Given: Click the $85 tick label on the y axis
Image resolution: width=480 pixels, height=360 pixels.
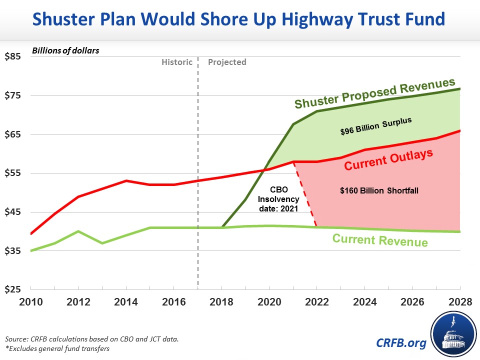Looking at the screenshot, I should point(12,56).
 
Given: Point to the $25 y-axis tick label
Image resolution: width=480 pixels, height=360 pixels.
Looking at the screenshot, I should point(12,289).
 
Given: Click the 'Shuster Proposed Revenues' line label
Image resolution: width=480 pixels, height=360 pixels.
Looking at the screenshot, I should point(374,93).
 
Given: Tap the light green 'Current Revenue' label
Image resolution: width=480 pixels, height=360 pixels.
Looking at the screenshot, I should point(380,240).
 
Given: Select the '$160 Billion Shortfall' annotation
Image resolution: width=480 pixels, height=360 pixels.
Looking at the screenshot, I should point(378,190).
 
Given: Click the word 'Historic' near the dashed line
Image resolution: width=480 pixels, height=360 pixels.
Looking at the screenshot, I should point(176,62).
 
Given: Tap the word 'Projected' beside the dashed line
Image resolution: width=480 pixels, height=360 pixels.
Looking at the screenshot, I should point(227,62).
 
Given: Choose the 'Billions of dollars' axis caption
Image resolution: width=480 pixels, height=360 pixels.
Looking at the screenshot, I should point(66,50).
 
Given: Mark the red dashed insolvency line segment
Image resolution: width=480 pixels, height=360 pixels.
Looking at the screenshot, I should point(305,194).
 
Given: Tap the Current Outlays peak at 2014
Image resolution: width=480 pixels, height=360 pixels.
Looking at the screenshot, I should point(126,180).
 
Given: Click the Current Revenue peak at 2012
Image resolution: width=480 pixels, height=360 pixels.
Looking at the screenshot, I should point(78,231).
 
